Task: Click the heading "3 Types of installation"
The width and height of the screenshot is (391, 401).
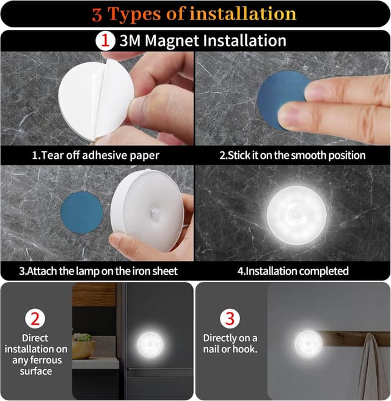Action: point(194,13)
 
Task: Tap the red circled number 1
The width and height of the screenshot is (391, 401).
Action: point(104,41)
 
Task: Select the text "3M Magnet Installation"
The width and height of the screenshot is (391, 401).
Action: point(202,41)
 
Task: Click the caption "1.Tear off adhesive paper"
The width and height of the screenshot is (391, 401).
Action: point(95,155)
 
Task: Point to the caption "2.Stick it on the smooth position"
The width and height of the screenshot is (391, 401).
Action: point(292,155)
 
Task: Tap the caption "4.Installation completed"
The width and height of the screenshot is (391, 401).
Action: point(292,270)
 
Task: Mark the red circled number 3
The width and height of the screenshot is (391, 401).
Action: point(230,318)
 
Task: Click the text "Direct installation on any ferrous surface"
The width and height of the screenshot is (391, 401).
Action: point(36,354)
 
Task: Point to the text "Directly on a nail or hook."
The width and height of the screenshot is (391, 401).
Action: point(230,343)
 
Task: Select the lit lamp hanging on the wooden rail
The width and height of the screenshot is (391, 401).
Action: point(308,343)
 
